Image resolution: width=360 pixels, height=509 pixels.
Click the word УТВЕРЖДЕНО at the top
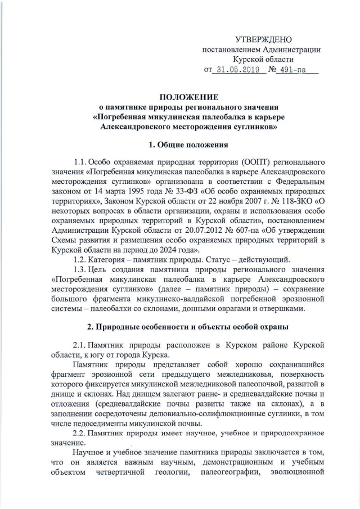[x=263, y=39]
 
